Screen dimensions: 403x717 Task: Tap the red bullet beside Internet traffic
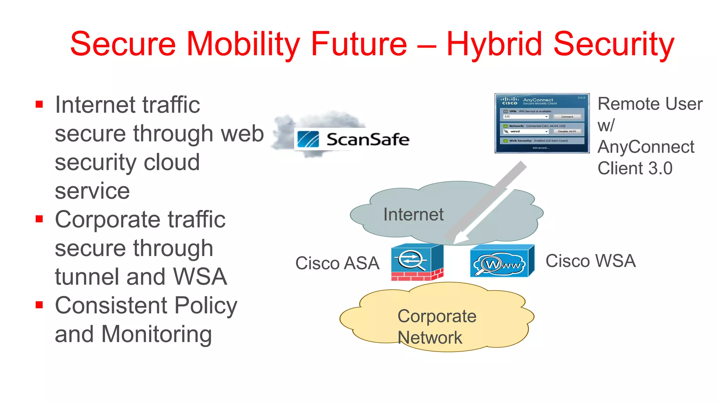(x=39, y=104)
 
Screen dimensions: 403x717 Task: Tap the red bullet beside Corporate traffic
(x=39, y=219)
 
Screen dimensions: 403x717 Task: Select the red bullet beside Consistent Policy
(x=39, y=305)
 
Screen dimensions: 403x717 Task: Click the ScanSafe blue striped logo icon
(x=308, y=140)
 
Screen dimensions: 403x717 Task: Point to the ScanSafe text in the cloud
(x=368, y=140)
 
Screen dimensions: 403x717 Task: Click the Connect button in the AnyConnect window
(x=567, y=117)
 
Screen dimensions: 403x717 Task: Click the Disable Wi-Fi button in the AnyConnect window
(x=567, y=132)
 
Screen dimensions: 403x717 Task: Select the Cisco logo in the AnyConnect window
(x=509, y=101)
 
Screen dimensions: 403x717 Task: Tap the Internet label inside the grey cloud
(x=413, y=214)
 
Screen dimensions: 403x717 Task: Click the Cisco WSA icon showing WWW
(x=501, y=262)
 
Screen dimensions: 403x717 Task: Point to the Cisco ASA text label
(x=337, y=263)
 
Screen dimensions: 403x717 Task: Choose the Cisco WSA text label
(x=590, y=261)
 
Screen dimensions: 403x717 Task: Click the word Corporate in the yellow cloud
(x=437, y=316)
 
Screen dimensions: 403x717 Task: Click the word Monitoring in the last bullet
(x=156, y=334)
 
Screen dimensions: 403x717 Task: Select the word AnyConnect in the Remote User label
(x=646, y=147)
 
